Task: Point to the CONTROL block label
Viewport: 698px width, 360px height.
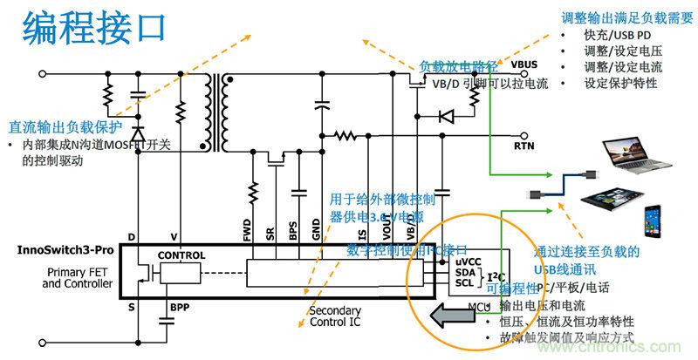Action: [x=181, y=255]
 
